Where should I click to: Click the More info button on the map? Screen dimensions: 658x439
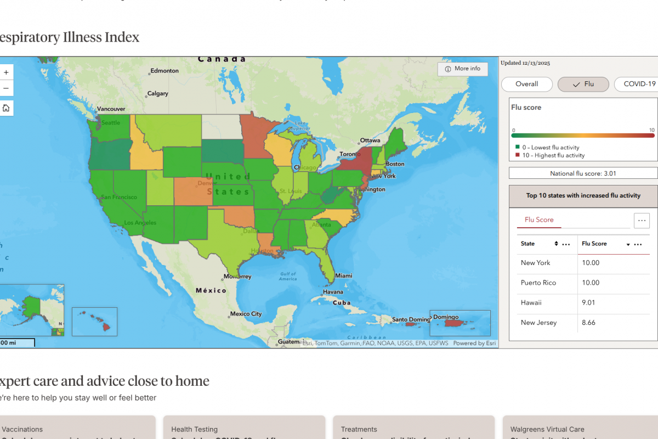coord(462,69)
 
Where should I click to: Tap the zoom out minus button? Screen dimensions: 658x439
coord(6,88)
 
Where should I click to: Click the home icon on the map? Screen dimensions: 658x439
coord(6,108)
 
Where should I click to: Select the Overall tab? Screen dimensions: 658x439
coord(526,84)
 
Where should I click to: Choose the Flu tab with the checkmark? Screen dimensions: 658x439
coord(583,84)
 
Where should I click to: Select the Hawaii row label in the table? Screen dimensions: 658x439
coord(531,302)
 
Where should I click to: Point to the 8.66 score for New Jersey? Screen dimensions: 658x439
coord(588,323)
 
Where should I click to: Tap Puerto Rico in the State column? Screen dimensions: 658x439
coord(538,283)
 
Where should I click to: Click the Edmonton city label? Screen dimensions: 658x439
coord(164,71)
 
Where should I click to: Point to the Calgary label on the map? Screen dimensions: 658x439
coord(157,94)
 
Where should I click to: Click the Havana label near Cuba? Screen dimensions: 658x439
coord(333,292)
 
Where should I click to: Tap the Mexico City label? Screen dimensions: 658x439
coord(246,314)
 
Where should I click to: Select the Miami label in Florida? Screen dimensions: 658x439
coord(344,275)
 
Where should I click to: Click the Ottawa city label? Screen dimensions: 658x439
coord(370,140)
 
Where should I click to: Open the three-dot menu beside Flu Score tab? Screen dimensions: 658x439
coord(642,220)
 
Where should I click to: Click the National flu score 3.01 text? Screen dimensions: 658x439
coord(583,173)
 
